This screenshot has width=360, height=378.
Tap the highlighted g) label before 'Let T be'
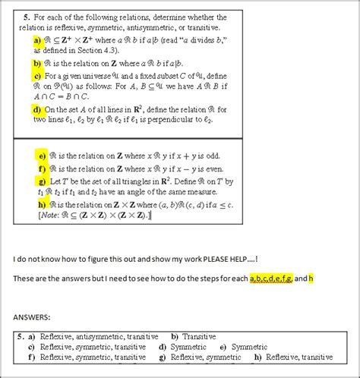click(42, 181)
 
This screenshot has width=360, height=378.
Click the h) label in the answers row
click(259, 358)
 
